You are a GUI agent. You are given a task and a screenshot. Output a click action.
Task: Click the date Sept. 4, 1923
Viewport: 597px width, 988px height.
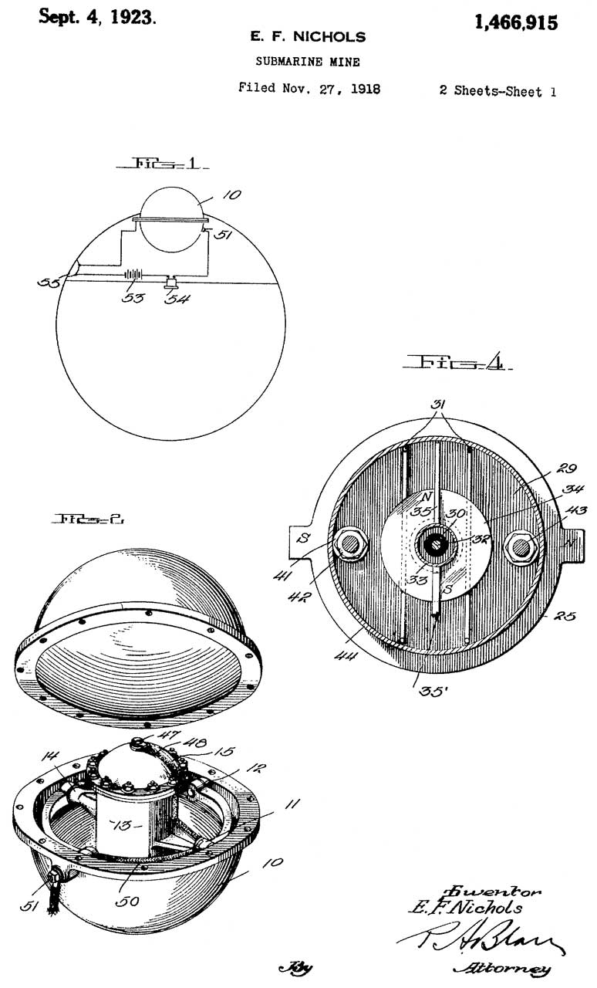tap(97, 18)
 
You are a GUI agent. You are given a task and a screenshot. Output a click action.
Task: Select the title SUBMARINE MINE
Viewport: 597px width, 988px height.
tap(307, 62)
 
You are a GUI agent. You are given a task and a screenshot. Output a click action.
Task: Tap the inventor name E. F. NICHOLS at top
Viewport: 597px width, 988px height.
tap(307, 37)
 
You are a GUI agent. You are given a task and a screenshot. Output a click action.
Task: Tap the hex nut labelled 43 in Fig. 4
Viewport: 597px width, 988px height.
tap(520, 546)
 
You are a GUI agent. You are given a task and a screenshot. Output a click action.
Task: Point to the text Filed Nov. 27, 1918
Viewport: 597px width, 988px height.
tap(309, 88)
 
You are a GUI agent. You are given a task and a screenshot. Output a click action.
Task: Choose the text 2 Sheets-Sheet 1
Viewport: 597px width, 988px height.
tap(497, 91)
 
